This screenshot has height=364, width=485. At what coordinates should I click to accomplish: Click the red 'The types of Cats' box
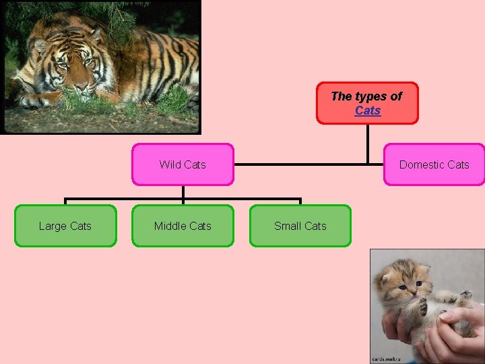point(367,103)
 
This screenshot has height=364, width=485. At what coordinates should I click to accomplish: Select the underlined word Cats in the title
point(368,111)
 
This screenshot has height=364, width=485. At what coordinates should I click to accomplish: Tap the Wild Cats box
point(183,164)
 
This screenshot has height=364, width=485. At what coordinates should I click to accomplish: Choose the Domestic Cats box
point(434,164)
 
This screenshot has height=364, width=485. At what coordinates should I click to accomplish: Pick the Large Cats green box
point(65,226)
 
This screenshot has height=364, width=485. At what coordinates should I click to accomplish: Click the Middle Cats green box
point(183,226)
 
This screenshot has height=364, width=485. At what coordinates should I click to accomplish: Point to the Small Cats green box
point(300,226)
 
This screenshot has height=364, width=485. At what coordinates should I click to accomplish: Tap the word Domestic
point(422,164)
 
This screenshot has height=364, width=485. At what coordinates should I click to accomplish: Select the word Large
point(53,226)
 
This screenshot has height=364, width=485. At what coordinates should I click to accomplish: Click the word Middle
point(168,226)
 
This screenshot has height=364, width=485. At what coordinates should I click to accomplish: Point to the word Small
point(287,226)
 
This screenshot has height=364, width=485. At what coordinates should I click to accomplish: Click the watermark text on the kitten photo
point(386,359)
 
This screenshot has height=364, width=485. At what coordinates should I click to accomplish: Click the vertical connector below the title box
point(368,143)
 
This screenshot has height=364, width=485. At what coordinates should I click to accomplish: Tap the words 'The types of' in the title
point(366,96)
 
